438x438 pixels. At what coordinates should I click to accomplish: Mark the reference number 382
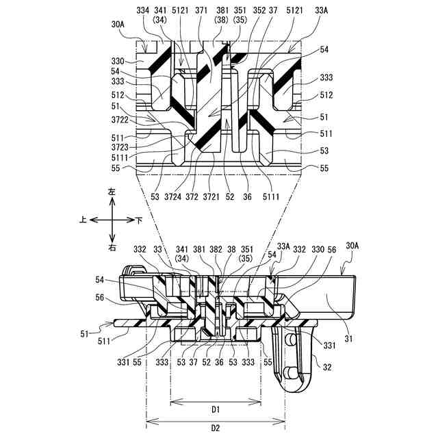pos(214,249)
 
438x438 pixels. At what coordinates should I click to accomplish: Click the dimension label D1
pos(215,409)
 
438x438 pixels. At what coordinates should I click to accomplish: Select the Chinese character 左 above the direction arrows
pos(112,194)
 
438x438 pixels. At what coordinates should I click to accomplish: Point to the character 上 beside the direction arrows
pos(83,220)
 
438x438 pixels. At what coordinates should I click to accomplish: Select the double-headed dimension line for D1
pos(215,400)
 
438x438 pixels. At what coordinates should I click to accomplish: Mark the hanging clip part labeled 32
pos(295,356)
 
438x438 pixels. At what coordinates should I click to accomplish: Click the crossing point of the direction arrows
pos(112,220)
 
